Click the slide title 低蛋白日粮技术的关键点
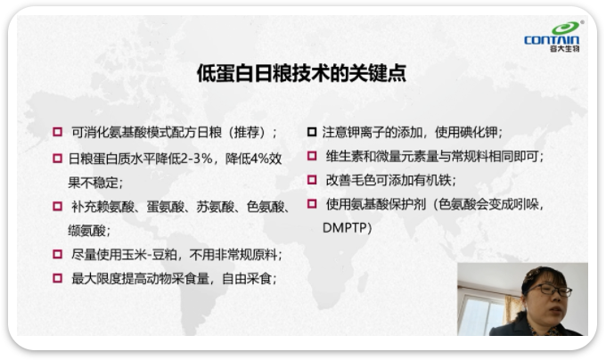pyautogui.click(x=301, y=73)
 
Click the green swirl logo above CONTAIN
pyautogui.click(x=566, y=28)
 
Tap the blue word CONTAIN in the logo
pyautogui.click(x=552, y=40)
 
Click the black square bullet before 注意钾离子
pyautogui.click(x=312, y=132)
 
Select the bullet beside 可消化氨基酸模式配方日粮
pyautogui.click(x=57, y=132)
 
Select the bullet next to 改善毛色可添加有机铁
pyautogui.click(x=312, y=180)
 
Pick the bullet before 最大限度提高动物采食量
pyautogui.click(x=57, y=278)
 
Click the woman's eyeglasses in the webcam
pyautogui.click(x=551, y=290)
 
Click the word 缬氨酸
pyautogui.click(x=86, y=231)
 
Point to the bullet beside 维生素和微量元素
pyautogui.click(x=312, y=156)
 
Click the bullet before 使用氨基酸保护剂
pyautogui.click(x=312, y=203)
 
